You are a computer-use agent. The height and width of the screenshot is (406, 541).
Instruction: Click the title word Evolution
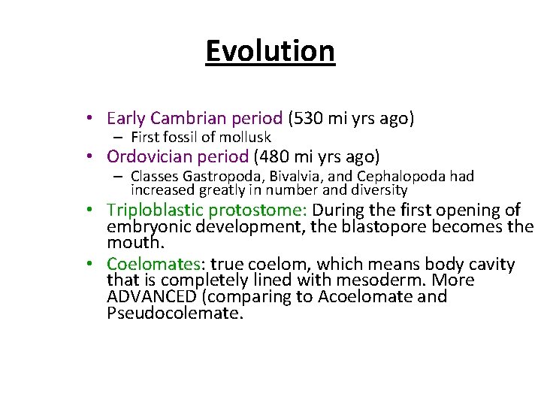click(270, 51)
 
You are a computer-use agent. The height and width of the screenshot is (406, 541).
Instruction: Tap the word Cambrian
click(181, 118)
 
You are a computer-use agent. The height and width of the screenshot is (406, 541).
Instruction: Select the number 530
click(309, 118)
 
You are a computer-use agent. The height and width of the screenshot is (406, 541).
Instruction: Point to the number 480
click(275, 156)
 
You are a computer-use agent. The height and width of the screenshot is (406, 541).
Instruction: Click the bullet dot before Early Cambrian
click(89, 118)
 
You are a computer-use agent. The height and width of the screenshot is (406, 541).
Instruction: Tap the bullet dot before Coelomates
click(89, 264)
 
